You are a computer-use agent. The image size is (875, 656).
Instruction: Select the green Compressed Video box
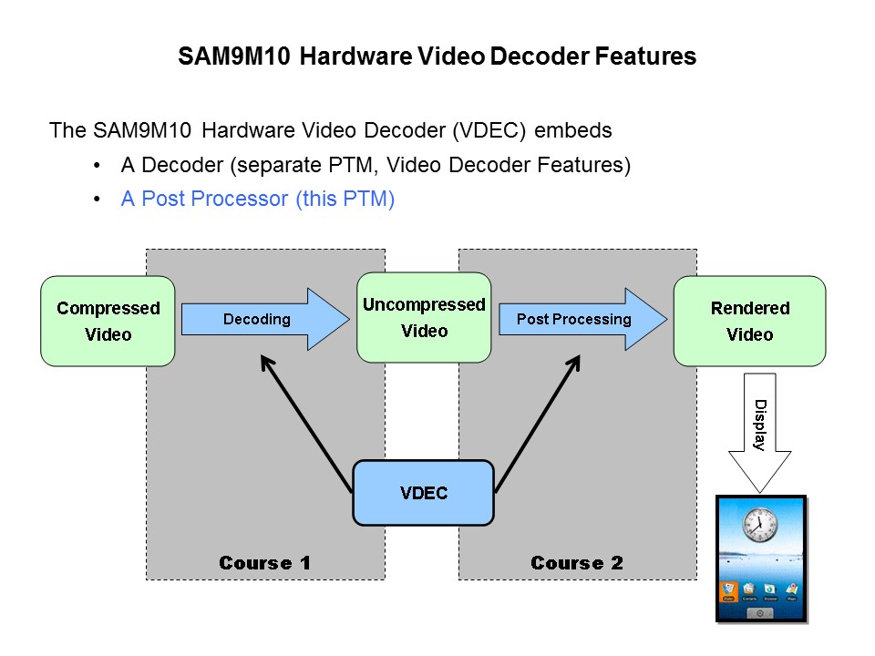(x=108, y=321)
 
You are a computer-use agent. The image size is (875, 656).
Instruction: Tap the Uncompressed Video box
(x=424, y=317)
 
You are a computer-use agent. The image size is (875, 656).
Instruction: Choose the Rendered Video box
(x=749, y=321)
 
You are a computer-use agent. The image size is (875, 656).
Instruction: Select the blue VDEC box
(x=423, y=493)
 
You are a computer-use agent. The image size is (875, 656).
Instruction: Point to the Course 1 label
(x=264, y=563)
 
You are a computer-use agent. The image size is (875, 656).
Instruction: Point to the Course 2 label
(x=577, y=563)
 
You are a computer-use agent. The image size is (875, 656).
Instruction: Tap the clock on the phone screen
(x=757, y=526)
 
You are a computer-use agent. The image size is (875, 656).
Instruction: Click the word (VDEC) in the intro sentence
(x=490, y=130)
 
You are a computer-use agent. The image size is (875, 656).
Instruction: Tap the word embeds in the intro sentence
(x=573, y=130)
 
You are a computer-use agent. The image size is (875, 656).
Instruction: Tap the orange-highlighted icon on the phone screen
(x=729, y=591)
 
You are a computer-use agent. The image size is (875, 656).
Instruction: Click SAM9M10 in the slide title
(x=235, y=56)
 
